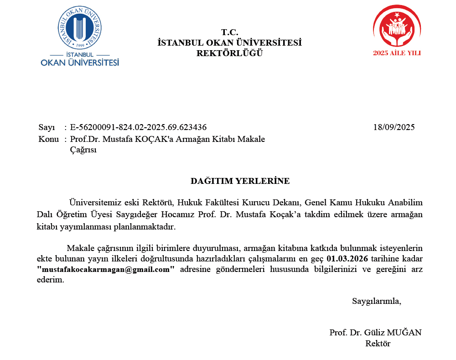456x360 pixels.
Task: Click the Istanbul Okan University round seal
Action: pyautogui.click(x=80, y=26)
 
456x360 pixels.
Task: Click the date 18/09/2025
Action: pyautogui.click(x=394, y=127)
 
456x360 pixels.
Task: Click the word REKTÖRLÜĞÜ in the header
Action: pyautogui.click(x=230, y=53)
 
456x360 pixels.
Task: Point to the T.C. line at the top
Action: pyautogui.click(x=230, y=32)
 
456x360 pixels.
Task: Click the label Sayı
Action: pyautogui.click(x=47, y=127)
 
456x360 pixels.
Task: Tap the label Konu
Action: pyautogui.click(x=49, y=139)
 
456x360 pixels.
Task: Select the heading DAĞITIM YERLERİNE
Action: pyautogui.click(x=240, y=181)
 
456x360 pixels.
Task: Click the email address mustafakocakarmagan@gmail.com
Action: pyautogui.click(x=106, y=269)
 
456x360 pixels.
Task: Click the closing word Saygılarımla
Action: pyautogui.click(x=377, y=301)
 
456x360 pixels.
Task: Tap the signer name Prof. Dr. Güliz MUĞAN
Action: pyautogui.click(x=375, y=332)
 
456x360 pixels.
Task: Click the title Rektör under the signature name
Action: pyautogui.click(x=378, y=344)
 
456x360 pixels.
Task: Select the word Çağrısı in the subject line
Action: pyautogui.click(x=83, y=150)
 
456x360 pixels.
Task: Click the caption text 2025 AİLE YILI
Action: pyautogui.click(x=397, y=53)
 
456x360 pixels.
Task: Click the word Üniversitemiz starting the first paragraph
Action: pyautogui.click(x=92, y=202)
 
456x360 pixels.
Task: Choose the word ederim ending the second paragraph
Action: pyautogui.click(x=50, y=280)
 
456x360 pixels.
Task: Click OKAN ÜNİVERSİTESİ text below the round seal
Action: pyautogui.click(x=80, y=62)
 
